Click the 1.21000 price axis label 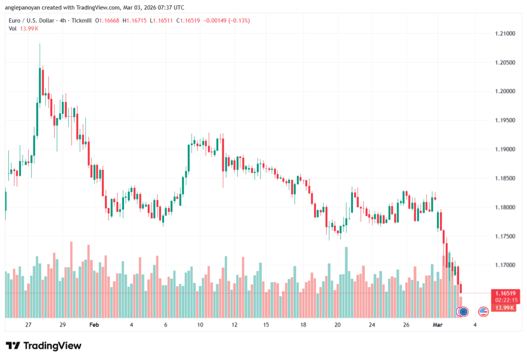coord(503,33)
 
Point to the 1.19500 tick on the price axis coord(503,120)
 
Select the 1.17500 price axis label coord(503,236)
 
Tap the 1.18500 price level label coord(503,178)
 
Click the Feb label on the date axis coord(94,325)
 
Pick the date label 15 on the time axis coord(266,325)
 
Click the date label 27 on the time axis coord(28,325)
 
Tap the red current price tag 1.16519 coord(503,293)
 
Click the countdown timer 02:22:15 coord(503,300)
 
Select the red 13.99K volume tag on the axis coord(503,307)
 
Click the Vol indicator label coord(12,28)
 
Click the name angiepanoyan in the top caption coord(23,7)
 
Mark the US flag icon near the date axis coord(483,311)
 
